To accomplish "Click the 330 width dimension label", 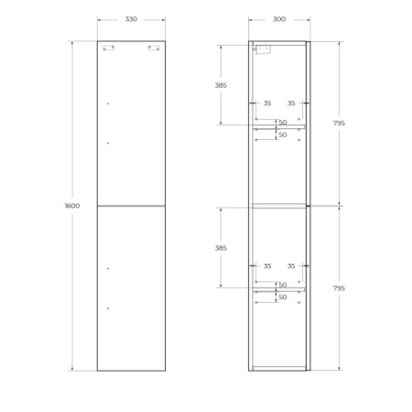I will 131,18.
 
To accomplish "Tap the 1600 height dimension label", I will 72,206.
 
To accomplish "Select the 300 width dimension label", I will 279,18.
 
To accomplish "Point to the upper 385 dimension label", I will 220,85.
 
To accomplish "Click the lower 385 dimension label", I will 220,247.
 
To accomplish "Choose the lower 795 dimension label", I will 339,287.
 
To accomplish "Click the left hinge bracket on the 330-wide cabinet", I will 109,48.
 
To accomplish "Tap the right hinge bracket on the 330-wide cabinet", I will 153,48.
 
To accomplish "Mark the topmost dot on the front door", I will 108,103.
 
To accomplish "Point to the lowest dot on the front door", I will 108,309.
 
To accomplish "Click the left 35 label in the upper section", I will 267,103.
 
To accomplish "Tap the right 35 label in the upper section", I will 291,103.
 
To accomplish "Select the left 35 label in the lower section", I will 267,266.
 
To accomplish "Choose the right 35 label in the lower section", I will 291,266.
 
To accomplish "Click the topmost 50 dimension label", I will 283,123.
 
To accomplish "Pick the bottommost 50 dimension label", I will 283,298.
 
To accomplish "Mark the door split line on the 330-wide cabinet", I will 131,206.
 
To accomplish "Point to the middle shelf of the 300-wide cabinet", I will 279,204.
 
